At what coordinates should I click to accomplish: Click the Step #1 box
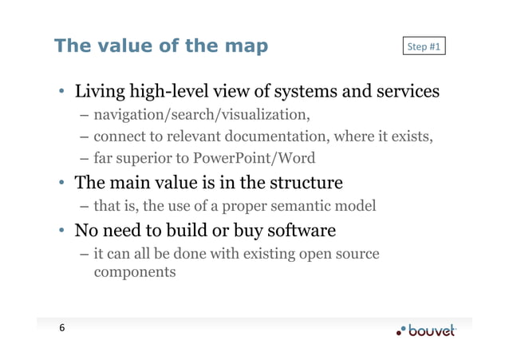point(424,46)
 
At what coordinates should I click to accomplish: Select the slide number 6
point(61,329)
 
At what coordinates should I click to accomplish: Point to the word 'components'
point(134,272)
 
